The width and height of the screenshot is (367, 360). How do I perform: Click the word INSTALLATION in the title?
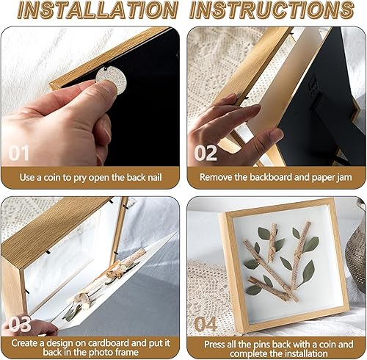(x=98, y=10)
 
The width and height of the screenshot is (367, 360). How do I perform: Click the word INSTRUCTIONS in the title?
(x=272, y=10)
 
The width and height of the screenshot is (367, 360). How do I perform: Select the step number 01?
(x=19, y=154)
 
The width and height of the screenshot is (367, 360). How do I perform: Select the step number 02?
(x=206, y=153)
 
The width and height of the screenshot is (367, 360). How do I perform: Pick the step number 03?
(x=20, y=324)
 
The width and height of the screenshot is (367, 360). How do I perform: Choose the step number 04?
(x=206, y=324)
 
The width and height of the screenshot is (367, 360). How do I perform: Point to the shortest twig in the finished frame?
(x=272, y=242)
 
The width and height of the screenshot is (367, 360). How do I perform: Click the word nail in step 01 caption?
(x=154, y=177)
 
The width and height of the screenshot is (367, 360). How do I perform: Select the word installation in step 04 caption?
(x=306, y=353)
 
